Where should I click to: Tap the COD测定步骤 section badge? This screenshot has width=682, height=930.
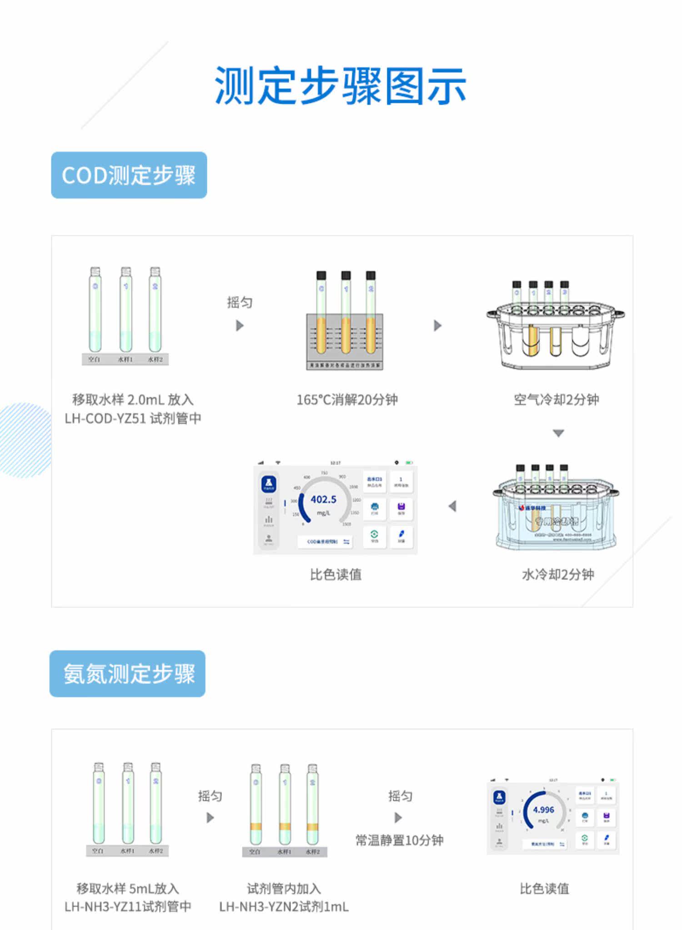(x=129, y=175)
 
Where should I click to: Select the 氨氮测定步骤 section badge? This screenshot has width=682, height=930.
(x=128, y=673)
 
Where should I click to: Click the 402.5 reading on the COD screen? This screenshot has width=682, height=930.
(x=323, y=500)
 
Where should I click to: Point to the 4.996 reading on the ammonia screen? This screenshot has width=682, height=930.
(x=543, y=810)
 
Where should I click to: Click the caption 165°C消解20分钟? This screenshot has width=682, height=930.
(x=347, y=400)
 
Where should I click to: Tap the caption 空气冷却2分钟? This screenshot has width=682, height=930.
(x=556, y=400)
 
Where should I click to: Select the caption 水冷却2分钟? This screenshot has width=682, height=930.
(x=558, y=575)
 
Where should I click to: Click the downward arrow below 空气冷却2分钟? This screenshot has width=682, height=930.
(x=558, y=433)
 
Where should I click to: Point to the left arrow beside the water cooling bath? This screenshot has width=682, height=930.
(x=452, y=506)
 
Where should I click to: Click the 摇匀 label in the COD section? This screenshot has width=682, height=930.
(x=240, y=303)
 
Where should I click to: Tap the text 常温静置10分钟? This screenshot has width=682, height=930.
(x=399, y=840)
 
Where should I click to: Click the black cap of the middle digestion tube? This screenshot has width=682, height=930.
(x=346, y=275)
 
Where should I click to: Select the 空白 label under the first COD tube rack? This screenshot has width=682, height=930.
(x=94, y=359)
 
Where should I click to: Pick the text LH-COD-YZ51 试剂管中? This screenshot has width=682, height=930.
(x=133, y=419)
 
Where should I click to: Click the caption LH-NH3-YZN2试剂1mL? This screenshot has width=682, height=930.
(x=284, y=907)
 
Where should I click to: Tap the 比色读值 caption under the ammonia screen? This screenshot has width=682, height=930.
(x=544, y=889)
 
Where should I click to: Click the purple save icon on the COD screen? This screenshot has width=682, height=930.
(x=401, y=507)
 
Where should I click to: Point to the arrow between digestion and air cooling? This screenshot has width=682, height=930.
(x=437, y=325)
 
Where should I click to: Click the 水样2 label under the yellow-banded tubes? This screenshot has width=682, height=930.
(x=313, y=851)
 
